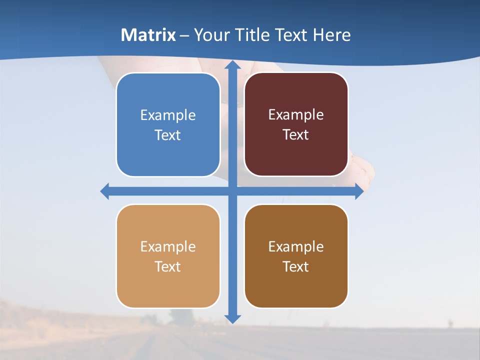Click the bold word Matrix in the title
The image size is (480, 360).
(148, 35)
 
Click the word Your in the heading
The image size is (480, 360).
(210, 35)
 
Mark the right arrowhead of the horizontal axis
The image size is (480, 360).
(358, 191)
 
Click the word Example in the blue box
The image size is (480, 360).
(168, 115)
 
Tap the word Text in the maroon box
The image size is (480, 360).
(296, 135)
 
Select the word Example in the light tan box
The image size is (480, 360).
(168, 247)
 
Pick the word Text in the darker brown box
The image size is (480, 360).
(296, 267)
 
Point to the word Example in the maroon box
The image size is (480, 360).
(296, 115)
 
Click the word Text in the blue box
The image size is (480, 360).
(168, 135)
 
